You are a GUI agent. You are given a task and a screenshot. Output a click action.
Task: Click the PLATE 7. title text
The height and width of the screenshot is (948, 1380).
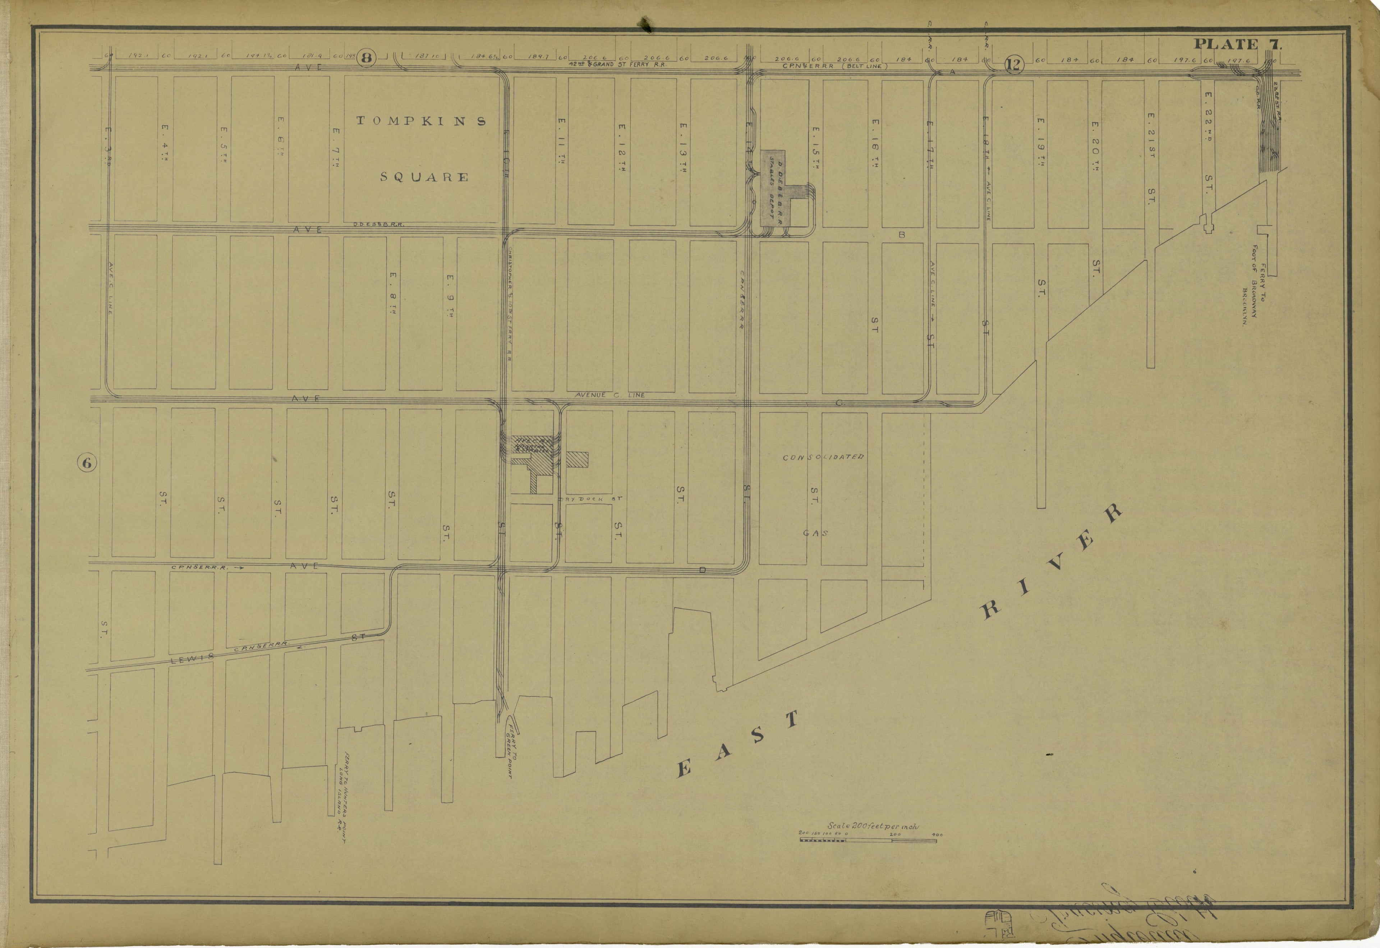1237,44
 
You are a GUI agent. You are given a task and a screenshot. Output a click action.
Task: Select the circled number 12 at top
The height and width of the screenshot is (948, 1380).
1014,64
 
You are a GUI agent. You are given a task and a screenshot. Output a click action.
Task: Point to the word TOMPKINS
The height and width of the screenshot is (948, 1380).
421,121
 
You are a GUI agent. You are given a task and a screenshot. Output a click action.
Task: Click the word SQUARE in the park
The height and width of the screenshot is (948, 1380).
424,177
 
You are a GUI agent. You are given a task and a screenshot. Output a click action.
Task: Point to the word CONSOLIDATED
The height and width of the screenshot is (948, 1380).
823,457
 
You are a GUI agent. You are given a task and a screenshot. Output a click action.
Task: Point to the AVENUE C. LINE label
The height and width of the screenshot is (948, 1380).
609,395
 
